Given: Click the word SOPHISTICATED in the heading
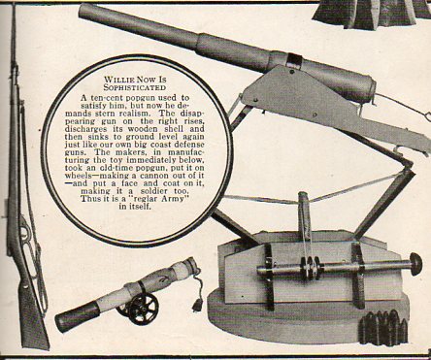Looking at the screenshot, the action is pyautogui.click(x=135, y=87).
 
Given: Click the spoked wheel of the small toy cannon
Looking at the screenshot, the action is pyautogui.click(x=144, y=309).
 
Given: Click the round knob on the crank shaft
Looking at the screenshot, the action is pyautogui.click(x=416, y=264).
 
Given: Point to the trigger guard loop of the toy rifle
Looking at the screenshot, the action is pyautogui.click(x=27, y=231).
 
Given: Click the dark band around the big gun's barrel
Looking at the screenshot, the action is pyautogui.click(x=294, y=61).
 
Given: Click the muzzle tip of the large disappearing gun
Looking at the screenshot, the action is pyautogui.click(x=84, y=11).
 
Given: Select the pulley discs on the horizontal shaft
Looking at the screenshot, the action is pyautogui.click(x=311, y=269).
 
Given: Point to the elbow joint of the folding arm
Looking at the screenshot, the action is pyautogui.click(x=408, y=167).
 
